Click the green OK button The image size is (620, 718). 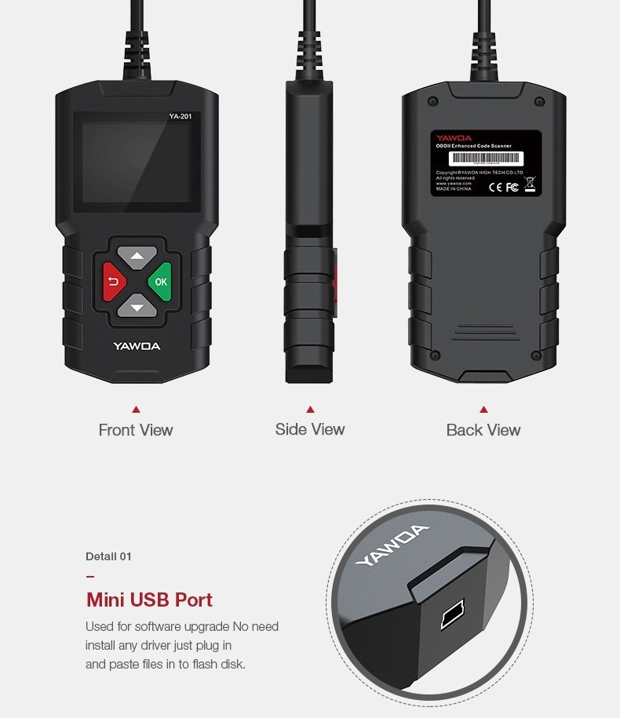(x=161, y=282)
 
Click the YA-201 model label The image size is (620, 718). (x=180, y=118)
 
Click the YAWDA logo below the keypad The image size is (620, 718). (x=137, y=346)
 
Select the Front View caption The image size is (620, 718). (x=136, y=430)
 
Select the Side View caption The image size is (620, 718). (x=310, y=429)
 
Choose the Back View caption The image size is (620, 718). (x=483, y=430)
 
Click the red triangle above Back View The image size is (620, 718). (x=483, y=410)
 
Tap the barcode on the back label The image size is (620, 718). (x=474, y=158)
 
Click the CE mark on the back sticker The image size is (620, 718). (x=496, y=188)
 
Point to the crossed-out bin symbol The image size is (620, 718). (x=530, y=185)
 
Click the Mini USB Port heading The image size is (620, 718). (x=149, y=600)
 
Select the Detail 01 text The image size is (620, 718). (x=108, y=556)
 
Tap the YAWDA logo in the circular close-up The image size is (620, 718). (x=392, y=545)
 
